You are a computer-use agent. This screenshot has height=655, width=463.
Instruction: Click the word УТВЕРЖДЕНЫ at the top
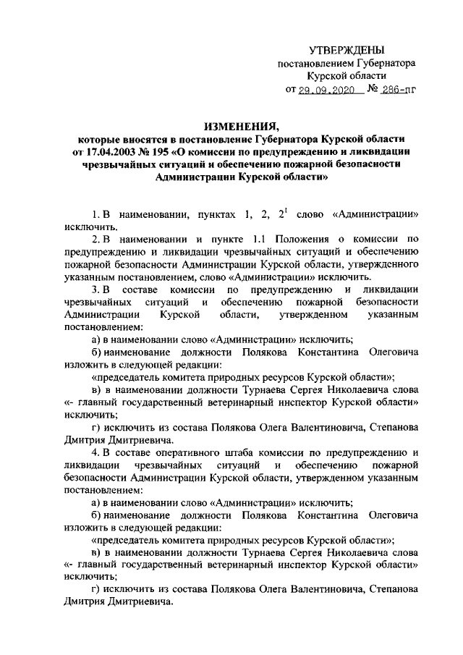click(x=346, y=50)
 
